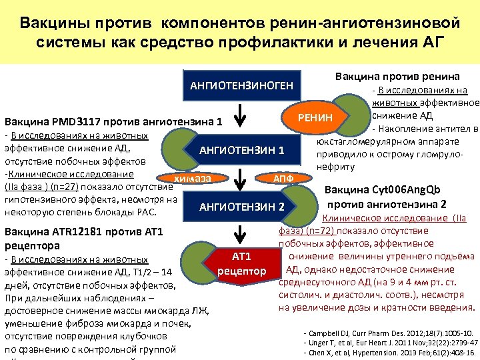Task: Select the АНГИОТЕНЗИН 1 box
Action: click(x=241, y=149)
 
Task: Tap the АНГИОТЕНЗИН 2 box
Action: click(x=241, y=207)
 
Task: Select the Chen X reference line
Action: click(x=389, y=351)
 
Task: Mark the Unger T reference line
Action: click(x=389, y=341)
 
